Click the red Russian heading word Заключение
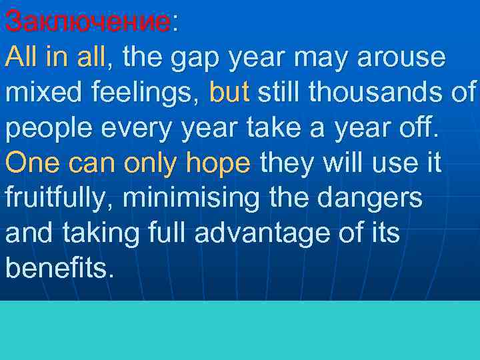87,21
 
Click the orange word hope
221,163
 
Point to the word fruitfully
58,198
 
